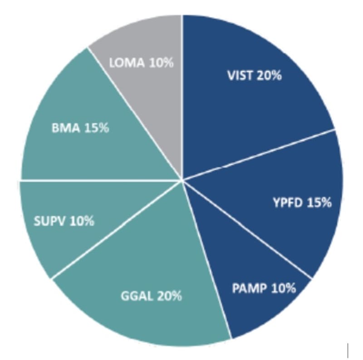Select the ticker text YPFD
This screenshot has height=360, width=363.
click(x=288, y=202)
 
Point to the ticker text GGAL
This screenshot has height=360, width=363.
click(x=137, y=296)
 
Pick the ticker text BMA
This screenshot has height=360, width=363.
click(x=66, y=128)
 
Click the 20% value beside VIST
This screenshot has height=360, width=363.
click(x=269, y=75)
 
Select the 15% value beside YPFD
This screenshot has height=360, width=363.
click(x=319, y=202)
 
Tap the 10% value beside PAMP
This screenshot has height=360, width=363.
click(x=283, y=288)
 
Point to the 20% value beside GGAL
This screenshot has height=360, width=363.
click(x=169, y=296)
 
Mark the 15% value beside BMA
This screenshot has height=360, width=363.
click(x=96, y=128)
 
